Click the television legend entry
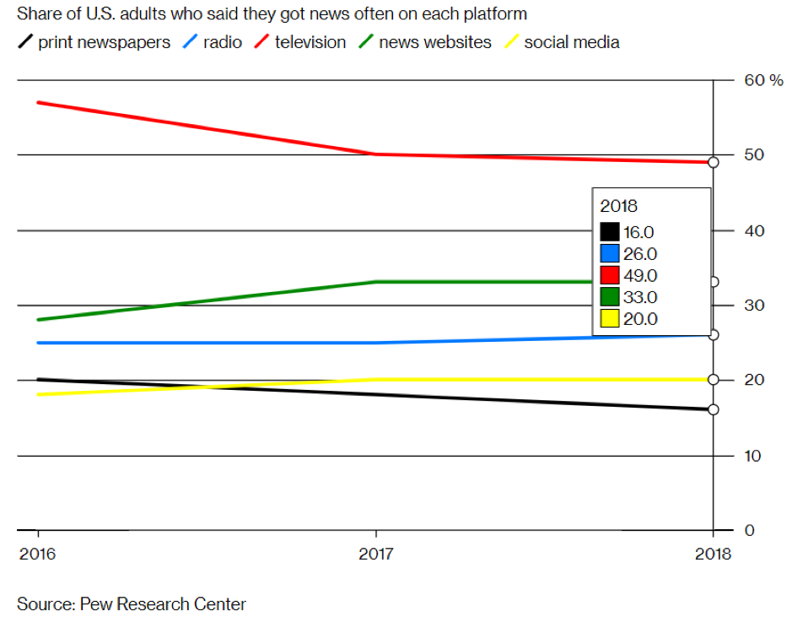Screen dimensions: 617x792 pos(310,42)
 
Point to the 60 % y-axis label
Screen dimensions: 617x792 pos(763,80)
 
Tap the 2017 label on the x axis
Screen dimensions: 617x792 pos(376,555)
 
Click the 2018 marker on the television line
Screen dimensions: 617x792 pos(714,162)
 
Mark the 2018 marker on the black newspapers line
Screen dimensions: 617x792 pos(714,409)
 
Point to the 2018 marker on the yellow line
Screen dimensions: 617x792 pos(714,380)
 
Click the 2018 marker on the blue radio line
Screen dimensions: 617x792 pos(714,335)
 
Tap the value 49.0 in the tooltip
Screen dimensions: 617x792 pos(641,275)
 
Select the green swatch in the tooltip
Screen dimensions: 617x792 pos(610,297)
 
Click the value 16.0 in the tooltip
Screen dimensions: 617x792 pos(641,232)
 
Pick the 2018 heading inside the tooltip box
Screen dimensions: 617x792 pos(618,206)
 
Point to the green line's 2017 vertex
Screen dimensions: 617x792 pos(376,282)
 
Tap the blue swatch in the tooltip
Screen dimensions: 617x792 pos(610,253)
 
